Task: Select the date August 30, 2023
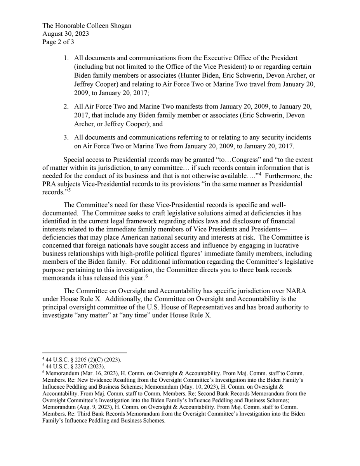66,33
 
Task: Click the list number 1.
66,58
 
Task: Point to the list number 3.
66,138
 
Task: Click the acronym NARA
303,290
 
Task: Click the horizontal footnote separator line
85,353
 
